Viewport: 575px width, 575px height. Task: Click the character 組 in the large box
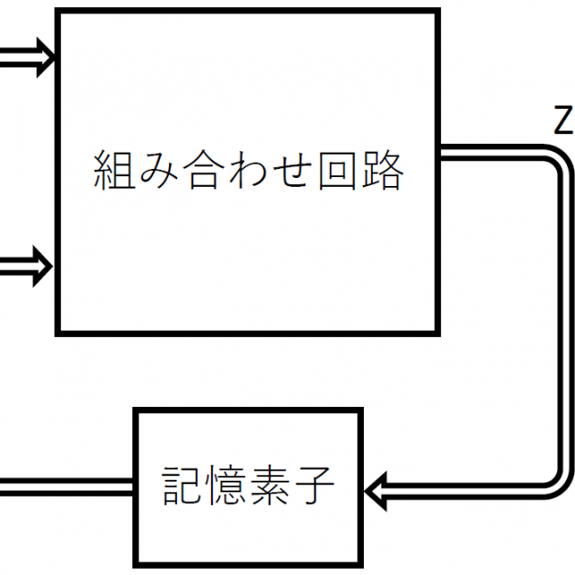(x=115, y=169)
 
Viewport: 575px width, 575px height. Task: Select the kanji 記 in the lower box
(x=182, y=488)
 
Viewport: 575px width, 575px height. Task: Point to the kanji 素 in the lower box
(x=270, y=488)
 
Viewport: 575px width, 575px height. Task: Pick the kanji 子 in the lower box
(x=314, y=488)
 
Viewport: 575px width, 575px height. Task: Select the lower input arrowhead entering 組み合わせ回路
(x=45, y=266)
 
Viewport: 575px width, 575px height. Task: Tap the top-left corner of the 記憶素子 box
(x=137, y=411)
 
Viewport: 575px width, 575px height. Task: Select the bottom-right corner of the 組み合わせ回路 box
(x=438, y=332)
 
